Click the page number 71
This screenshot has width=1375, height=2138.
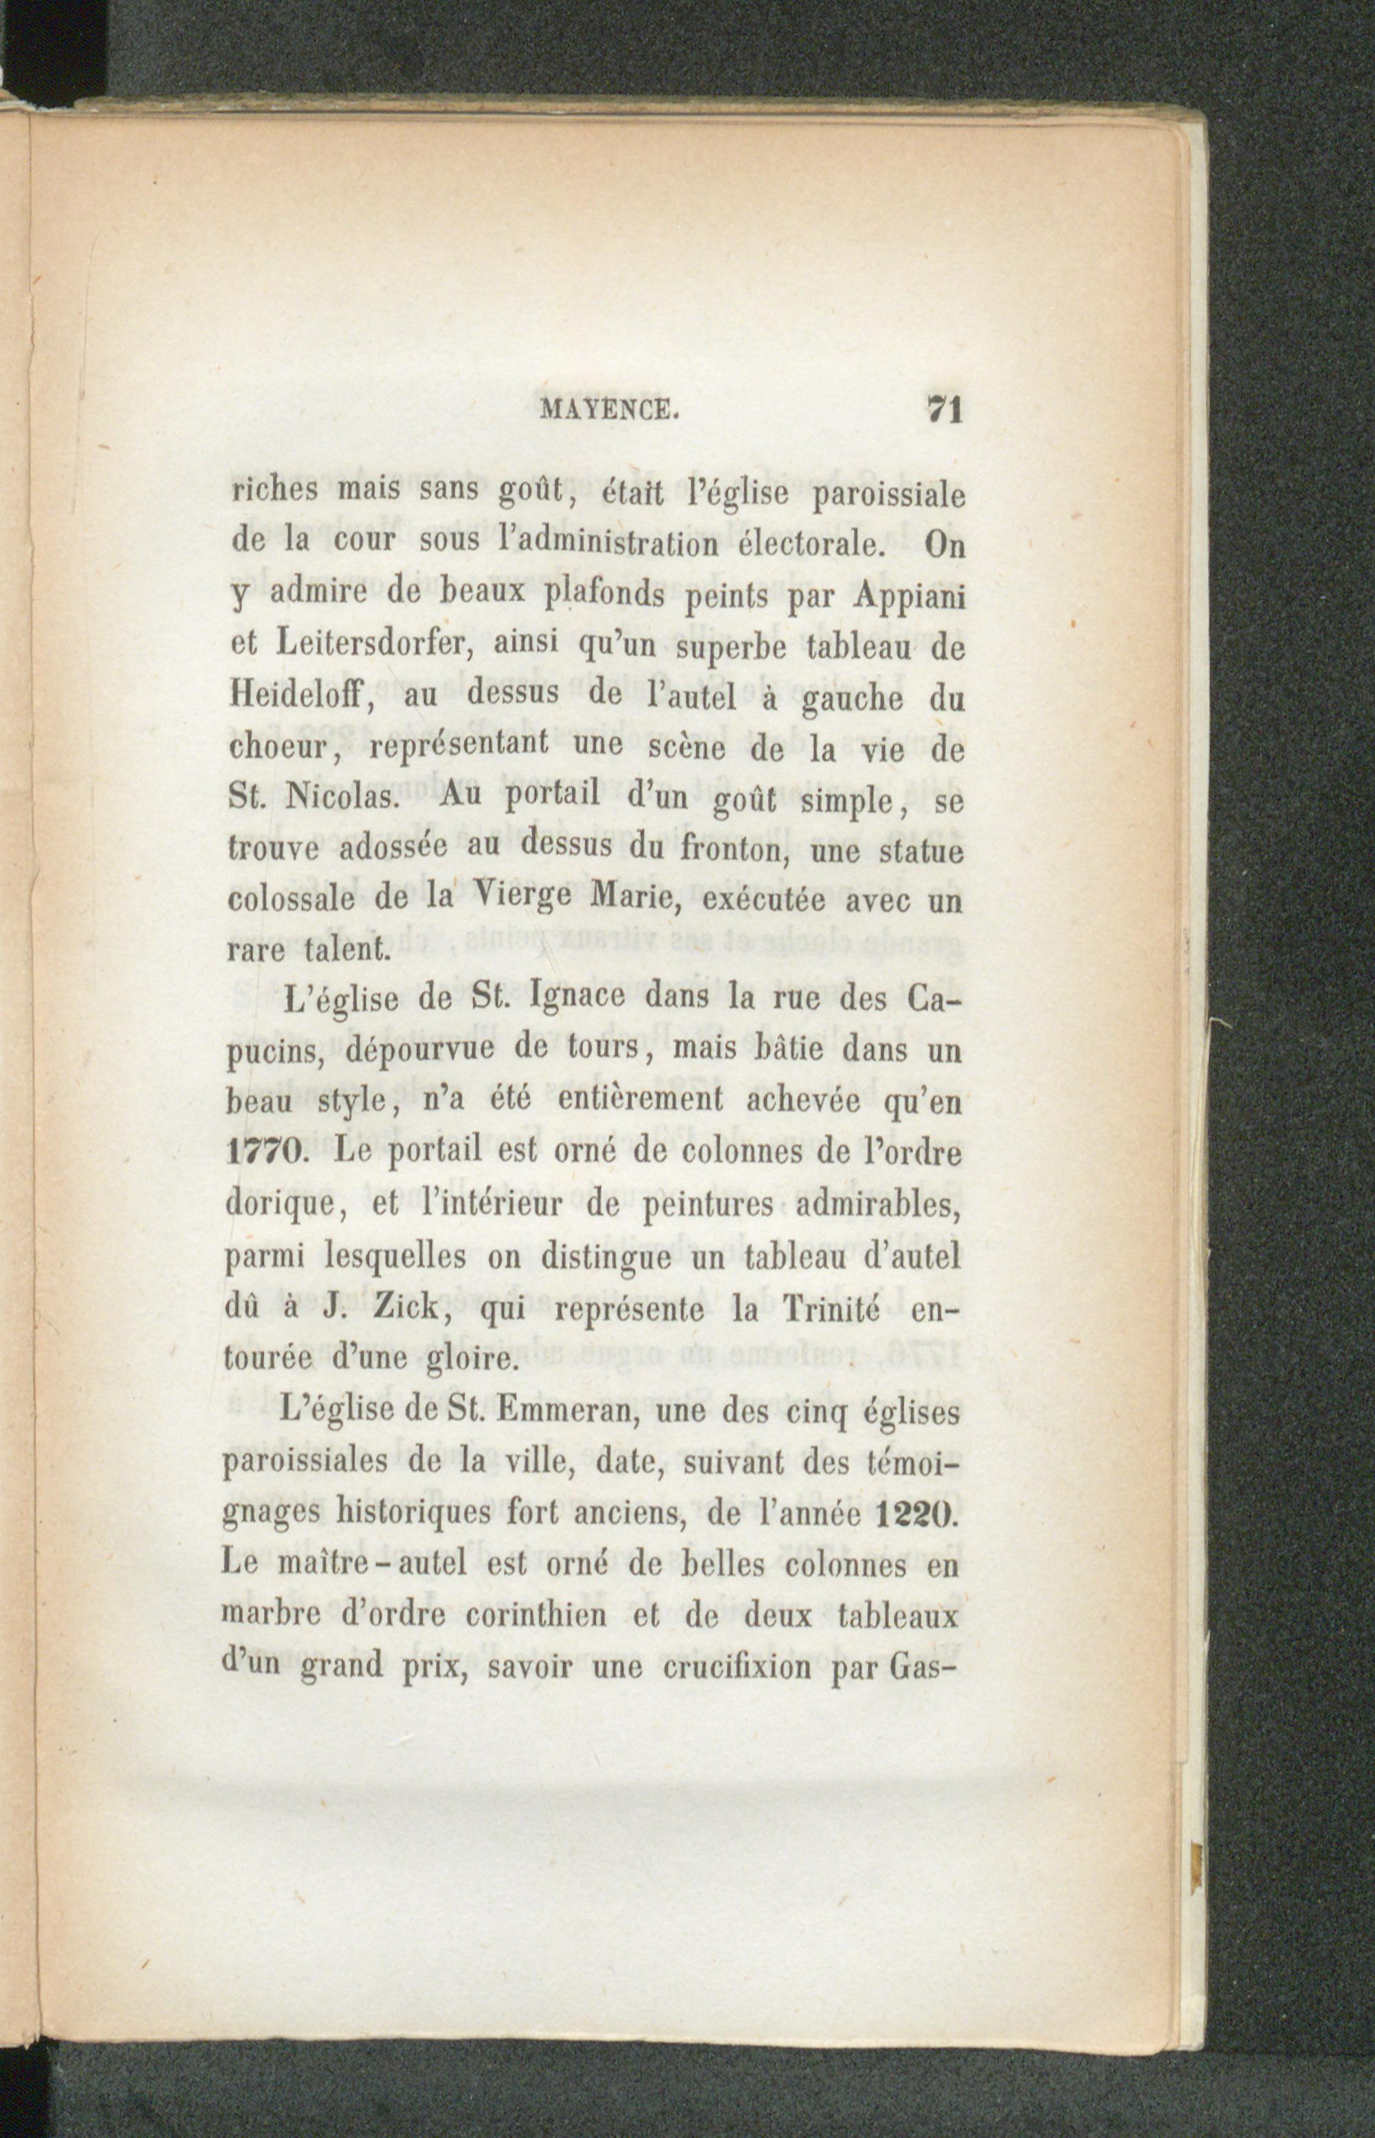tap(943, 410)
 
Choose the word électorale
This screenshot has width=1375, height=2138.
tap(822, 544)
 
